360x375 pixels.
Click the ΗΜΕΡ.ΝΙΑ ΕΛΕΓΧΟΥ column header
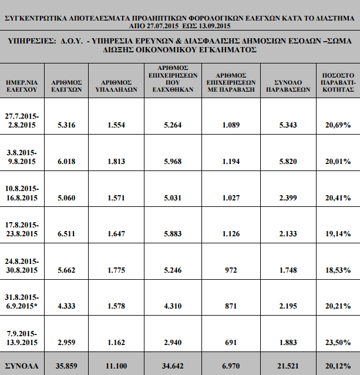[22, 86]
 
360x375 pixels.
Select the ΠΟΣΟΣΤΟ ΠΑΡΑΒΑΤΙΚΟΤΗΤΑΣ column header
[338, 82]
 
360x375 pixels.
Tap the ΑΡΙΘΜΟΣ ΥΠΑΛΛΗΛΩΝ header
[116, 86]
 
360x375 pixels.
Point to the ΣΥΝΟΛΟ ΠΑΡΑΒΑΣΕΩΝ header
[288, 86]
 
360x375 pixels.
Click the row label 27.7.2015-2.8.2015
[22, 120]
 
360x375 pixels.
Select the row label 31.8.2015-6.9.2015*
[22, 302]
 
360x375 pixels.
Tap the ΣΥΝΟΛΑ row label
[22, 366]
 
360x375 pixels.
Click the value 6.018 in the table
[66, 162]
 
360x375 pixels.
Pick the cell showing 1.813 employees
[116, 162]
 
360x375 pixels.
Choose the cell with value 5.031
[173, 197]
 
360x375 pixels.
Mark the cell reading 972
[231, 270]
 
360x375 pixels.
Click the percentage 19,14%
[338, 234]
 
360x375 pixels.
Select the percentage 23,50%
[338, 343]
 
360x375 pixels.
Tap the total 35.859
[66, 366]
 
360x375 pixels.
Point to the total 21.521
[288, 366]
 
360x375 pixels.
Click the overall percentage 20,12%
[338, 366]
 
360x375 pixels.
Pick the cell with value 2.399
[288, 197]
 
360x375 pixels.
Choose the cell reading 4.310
[173, 306]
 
